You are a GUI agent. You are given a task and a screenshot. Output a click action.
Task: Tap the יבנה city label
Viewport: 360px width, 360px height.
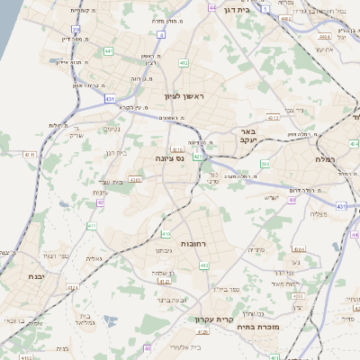[36, 276]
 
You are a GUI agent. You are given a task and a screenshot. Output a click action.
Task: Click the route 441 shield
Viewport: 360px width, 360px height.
[108, 51]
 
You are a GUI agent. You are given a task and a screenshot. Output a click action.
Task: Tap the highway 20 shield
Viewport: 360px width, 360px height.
[76, 30]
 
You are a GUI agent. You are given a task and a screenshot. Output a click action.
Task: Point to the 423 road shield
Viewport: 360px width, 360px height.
[197, 157]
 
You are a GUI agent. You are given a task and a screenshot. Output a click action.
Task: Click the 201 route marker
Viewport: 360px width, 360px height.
[265, 164]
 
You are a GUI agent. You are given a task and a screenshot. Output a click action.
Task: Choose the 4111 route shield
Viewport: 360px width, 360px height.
[31, 156]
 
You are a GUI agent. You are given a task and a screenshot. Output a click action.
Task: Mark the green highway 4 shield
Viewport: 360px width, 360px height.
[161, 34]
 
